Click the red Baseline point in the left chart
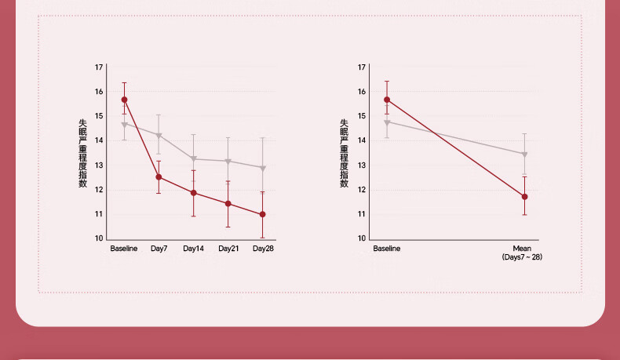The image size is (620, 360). [124, 100]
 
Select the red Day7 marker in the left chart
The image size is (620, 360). [159, 177]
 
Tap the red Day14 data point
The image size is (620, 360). [193, 193]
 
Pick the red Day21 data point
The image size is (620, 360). [228, 204]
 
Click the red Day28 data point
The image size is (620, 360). [262, 214]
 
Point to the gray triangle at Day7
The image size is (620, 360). [159, 136]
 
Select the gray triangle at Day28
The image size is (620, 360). [262, 169]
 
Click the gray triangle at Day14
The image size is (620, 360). [193, 159]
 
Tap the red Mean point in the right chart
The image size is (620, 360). [524, 197]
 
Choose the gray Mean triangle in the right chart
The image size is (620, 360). [524, 155]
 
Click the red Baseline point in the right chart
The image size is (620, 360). [386, 100]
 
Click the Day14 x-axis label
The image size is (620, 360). [193, 249]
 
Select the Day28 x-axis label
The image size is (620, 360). [263, 249]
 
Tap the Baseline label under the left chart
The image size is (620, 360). [124, 249]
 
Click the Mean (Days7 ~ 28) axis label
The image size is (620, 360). [522, 253]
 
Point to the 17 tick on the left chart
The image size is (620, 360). [99, 67]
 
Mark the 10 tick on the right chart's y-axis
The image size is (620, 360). [362, 238]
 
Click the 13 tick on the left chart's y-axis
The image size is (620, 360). [99, 165]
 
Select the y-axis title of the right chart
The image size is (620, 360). [344, 153]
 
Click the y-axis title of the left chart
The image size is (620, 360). [82, 153]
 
